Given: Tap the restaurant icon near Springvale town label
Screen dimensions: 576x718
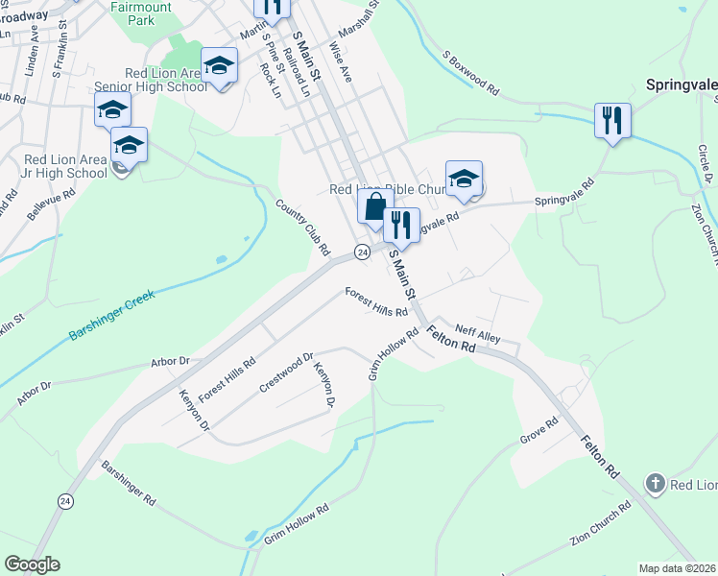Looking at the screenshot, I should click(x=611, y=120).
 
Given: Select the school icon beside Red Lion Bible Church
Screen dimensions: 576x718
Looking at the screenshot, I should click(x=464, y=179).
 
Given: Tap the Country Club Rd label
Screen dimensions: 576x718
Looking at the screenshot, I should click(x=303, y=228).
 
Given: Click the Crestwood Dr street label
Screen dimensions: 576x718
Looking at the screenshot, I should click(x=286, y=373).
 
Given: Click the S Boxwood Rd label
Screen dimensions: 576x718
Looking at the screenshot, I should click(x=470, y=72).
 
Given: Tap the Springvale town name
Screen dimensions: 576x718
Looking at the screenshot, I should click(x=682, y=84).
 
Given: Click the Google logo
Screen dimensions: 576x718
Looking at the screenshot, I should click(x=32, y=564).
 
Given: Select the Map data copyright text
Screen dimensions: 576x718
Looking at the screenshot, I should click(x=678, y=567).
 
